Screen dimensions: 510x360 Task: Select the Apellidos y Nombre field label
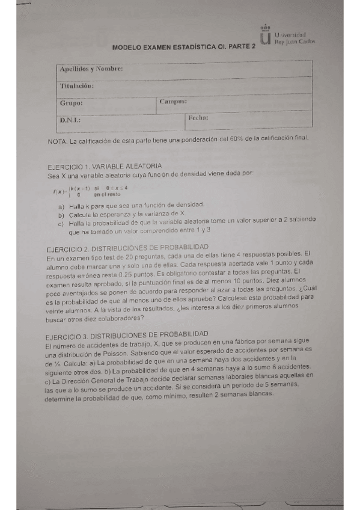click(x=91, y=70)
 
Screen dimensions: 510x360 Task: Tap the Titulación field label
click(x=77, y=86)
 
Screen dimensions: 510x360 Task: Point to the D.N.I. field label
click(x=70, y=120)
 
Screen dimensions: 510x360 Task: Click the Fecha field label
click(x=198, y=118)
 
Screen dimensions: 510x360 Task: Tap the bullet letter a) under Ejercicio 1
click(x=61, y=206)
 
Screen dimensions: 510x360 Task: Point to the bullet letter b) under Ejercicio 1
click(x=61, y=215)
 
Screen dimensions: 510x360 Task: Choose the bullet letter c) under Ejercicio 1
click(x=61, y=223)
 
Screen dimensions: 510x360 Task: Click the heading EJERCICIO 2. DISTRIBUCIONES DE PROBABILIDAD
click(x=127, y=247)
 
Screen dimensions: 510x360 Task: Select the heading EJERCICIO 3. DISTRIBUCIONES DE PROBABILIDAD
click(x=127, y=333)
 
